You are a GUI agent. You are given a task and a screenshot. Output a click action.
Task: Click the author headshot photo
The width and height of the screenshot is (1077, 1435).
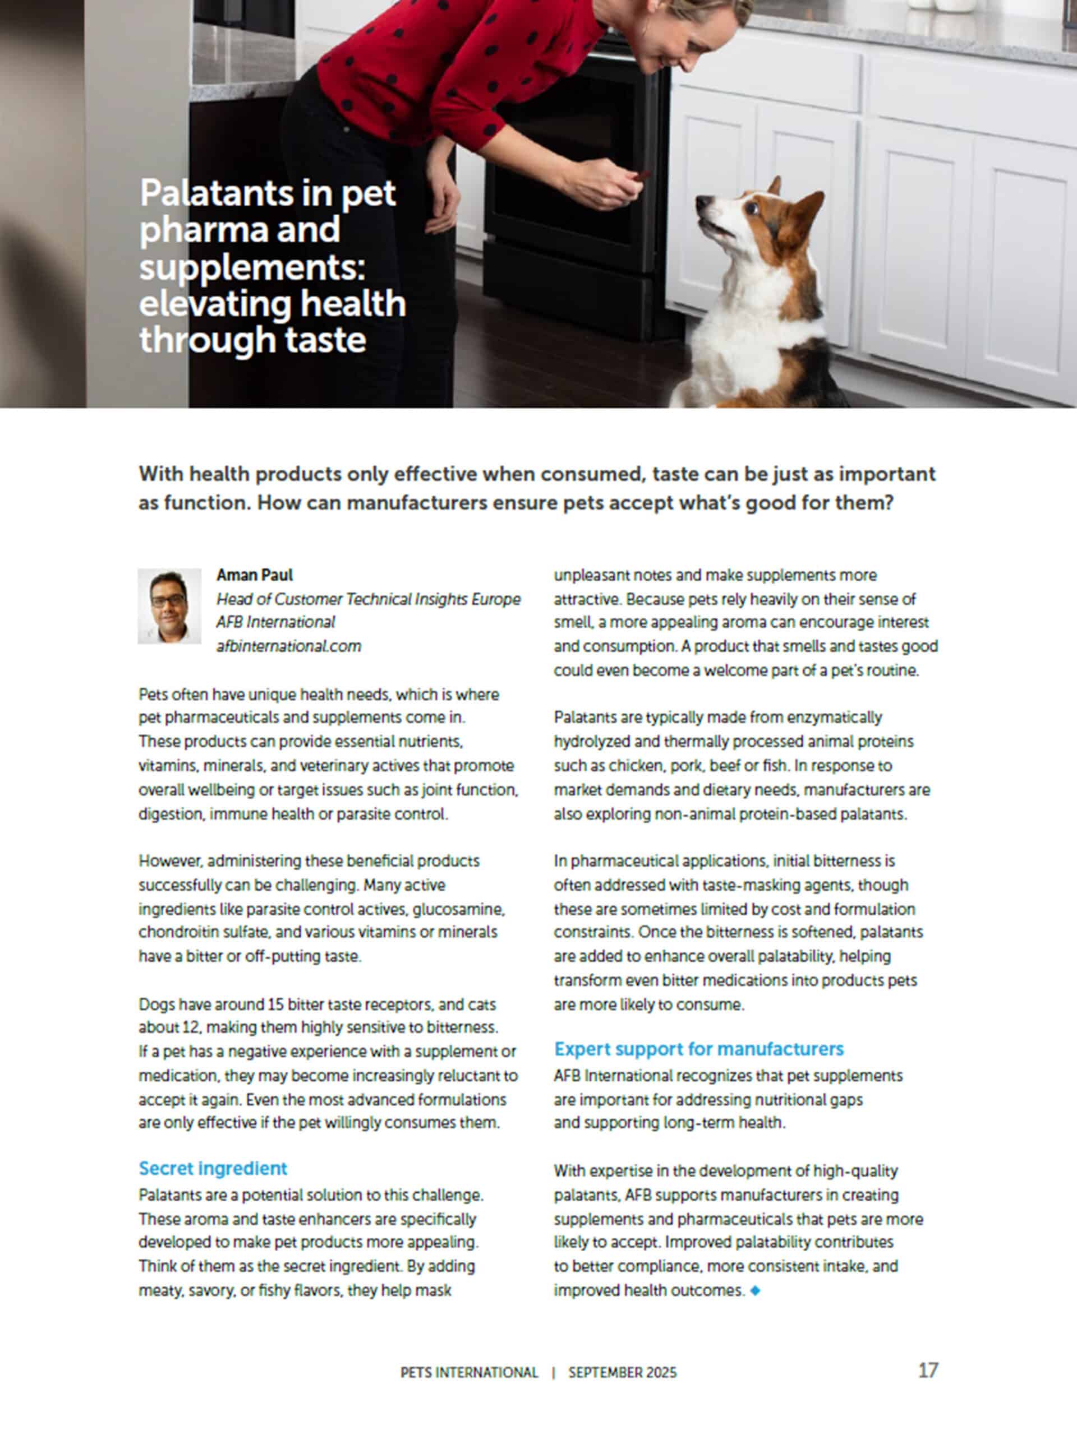click(x=169, y=606)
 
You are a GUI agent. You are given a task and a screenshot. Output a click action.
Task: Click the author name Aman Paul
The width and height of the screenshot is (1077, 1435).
click(x=255, y=575)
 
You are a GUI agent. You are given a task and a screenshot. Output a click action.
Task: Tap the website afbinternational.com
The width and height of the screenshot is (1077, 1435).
click(x=288, y=646)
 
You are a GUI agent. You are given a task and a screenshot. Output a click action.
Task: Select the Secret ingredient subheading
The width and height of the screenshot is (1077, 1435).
click(x=213, y=1168)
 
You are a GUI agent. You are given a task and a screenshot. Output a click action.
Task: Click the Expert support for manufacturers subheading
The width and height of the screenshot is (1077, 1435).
click(x=698, y=1049)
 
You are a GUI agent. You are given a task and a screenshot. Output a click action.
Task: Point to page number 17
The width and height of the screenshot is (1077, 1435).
click(x=928, y=1370)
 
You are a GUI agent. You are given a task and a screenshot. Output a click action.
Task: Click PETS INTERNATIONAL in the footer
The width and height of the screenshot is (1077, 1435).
click(x=470, y=1373)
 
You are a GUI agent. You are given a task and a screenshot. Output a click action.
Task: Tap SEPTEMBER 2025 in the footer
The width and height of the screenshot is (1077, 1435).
click(x=622, y=1373)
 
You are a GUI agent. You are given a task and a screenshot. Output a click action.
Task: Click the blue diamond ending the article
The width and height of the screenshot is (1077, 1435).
click(x=755, y=1291)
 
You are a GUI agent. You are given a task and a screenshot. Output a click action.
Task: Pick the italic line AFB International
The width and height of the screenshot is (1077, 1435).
click(x=275, y=622)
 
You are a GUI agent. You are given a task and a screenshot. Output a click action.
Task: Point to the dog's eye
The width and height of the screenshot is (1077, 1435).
click(x=751, y=209)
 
